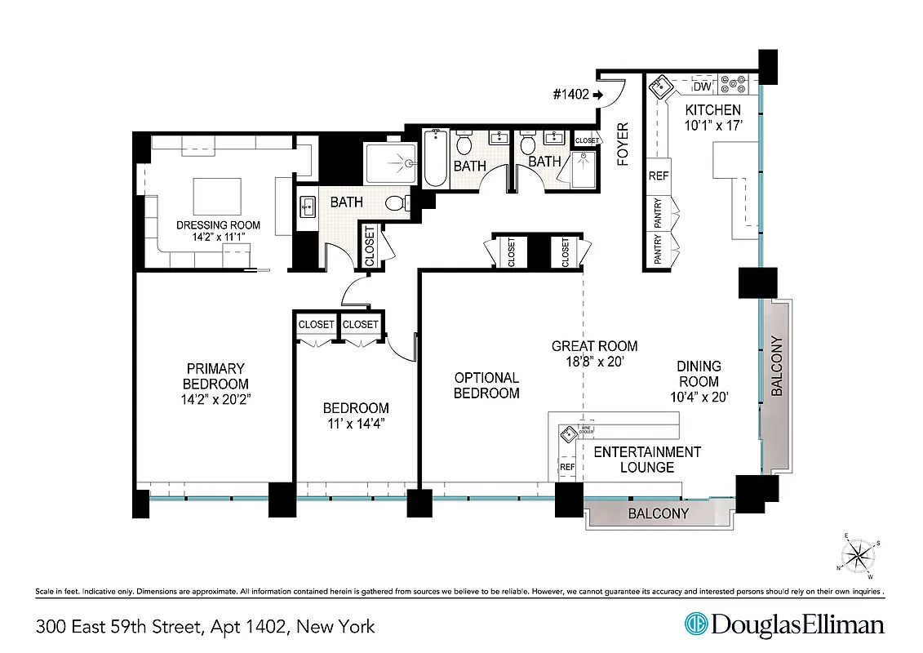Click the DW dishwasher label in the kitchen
pos(702,87)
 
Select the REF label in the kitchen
pos(658,175)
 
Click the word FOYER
pos(624,144)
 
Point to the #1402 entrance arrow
pos(597,95)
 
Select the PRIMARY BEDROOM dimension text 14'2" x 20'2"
pos(215,399)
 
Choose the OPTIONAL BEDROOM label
pos(486,385)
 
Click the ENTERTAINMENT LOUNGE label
pos(646,460)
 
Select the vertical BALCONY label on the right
pos(777,366)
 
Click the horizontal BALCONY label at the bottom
pos(658,514)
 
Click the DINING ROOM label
pos(699,374)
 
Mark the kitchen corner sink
pos(659,87)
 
